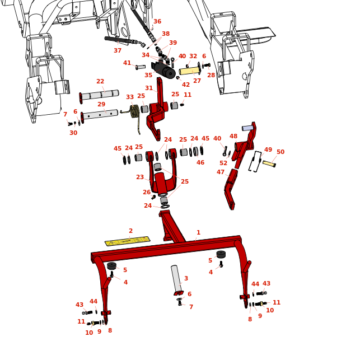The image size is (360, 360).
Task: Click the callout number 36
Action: coord(157,22)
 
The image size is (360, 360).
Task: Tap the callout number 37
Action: coord(118,51)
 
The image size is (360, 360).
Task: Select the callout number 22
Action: coord(100,82)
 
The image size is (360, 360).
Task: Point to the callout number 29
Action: coord(101,105)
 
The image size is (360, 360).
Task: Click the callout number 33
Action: coord(130,97)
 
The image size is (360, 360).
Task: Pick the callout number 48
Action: coord(233,137)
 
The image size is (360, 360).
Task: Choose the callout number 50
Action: coord(280,152)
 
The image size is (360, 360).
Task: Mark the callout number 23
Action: coord(140,177)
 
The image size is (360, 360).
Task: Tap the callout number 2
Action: coord(130,231)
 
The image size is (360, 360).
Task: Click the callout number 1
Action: coord(198,233)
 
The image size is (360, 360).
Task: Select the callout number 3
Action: coord(186,279)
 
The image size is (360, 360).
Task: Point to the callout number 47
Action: coord(221,172)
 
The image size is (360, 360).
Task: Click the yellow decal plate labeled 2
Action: coord(127,241)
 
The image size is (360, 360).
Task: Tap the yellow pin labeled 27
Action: coord(190,71)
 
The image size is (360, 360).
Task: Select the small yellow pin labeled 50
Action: coord(269,164)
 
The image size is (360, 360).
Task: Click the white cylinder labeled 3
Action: coord(176,278)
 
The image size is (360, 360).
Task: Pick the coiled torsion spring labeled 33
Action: coord(135,111)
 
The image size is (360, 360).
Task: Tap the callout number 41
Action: coord(127,63)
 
